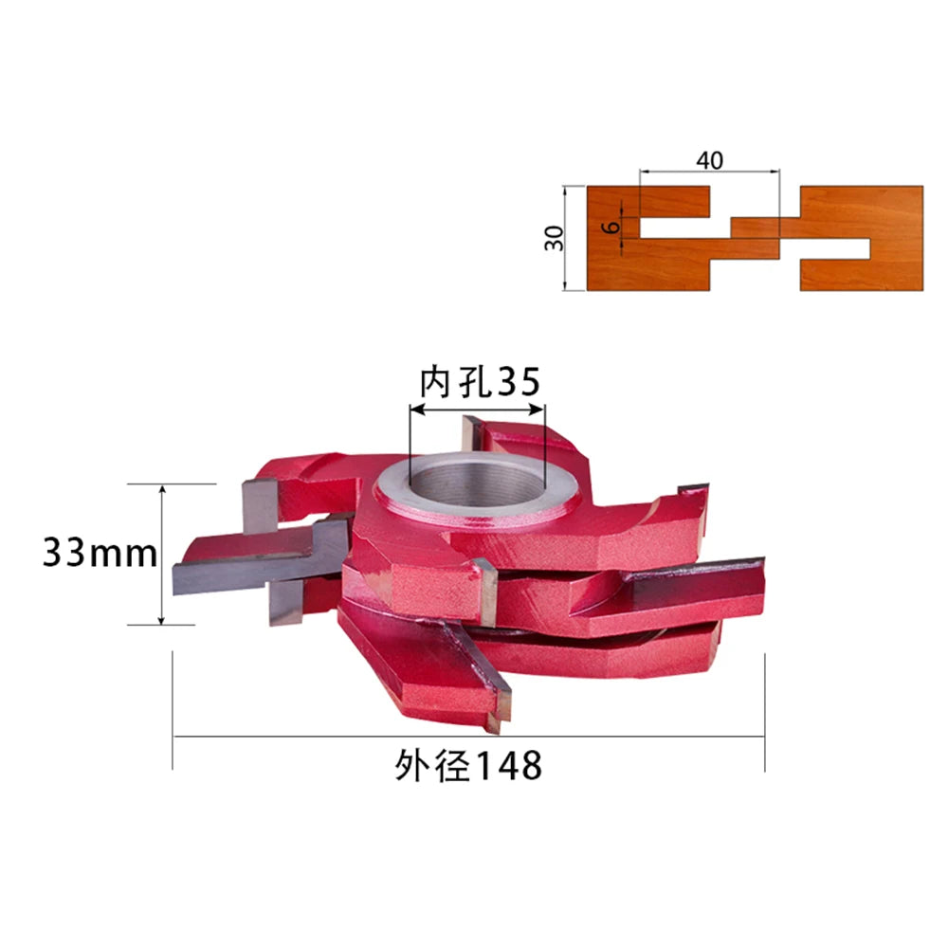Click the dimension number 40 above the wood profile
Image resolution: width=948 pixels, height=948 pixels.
[x=709, y=160]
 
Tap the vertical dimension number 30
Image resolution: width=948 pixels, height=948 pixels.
[x=554, y=238]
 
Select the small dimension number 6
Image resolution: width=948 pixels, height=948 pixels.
[x=613, y=227]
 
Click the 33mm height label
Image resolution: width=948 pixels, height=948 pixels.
[x=100, y=553]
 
